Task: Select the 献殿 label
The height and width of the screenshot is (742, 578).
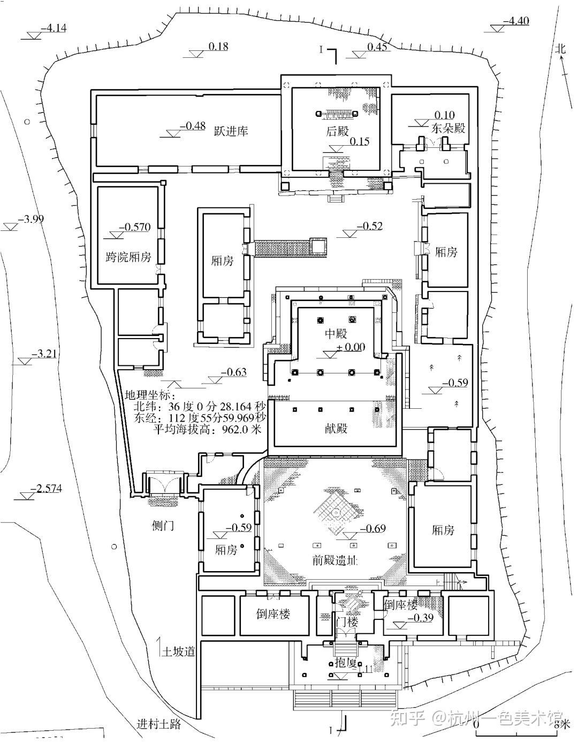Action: (x=336, y=429)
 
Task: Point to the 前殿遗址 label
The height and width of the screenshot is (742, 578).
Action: (x=335, y=561)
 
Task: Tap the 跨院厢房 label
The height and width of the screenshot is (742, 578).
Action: (x=128, y=257)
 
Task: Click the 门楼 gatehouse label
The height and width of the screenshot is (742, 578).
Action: (x=346, y=623)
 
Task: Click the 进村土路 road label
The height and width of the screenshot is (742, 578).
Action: (x=158, y=725)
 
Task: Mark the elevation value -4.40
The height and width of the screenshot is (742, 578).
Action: (x=516, y=21)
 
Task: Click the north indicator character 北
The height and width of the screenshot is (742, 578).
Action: (x=560, y=48)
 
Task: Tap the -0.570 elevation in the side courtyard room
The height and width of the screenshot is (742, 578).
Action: (x=134, y=227)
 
